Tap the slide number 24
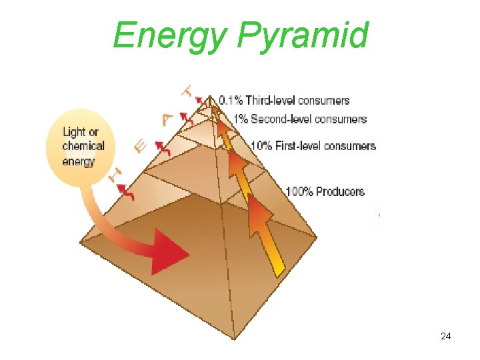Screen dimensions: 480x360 pyautogui.click(x=446, y=337)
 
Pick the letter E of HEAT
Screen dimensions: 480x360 pyautogui.click(x=141, y=145)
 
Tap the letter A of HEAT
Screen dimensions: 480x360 pyautogui.click(x=167, y=119)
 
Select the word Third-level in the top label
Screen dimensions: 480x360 pyautogui.click(x=270, y=101)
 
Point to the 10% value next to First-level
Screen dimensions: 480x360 pyautogui.click(x=261, y=146)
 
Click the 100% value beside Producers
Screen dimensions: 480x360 pyautogui.click(x=299, y=192)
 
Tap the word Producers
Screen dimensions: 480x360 pyautogui.click(x=340, y=192)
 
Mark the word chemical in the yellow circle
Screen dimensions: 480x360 pyautogui.click(x=83, y=146)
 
